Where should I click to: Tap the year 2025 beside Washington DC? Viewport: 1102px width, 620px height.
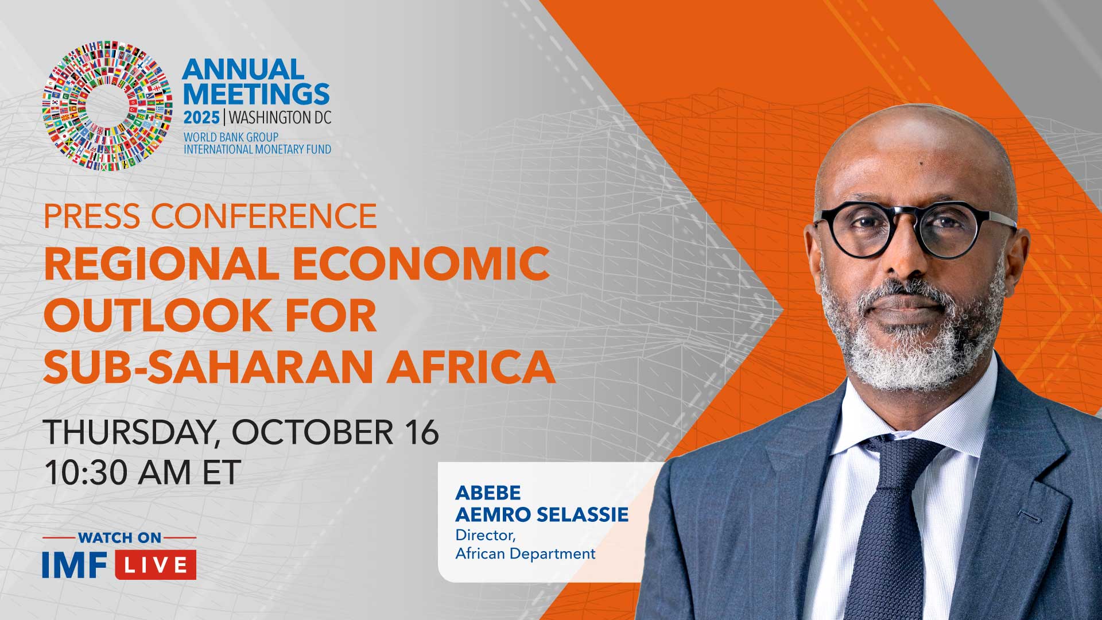[201, 118]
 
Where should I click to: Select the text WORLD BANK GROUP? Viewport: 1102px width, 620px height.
[231, 137]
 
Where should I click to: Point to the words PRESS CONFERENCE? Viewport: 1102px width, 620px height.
[210, 216]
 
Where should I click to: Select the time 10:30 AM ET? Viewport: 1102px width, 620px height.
[142, 473]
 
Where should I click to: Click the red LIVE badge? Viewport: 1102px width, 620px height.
[156, 565]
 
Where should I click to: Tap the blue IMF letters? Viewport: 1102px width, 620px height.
[75, 565]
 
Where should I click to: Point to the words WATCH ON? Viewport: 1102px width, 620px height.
[119, 538]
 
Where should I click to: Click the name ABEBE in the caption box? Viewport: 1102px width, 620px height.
[488, 493]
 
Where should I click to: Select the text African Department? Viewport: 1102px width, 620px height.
[525, 554]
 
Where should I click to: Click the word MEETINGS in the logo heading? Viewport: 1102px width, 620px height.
[256, 94]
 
